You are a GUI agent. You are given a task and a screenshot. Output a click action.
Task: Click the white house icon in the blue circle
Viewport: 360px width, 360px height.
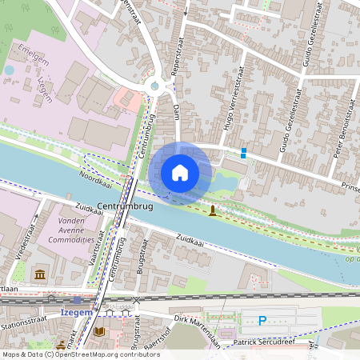coord(180,172)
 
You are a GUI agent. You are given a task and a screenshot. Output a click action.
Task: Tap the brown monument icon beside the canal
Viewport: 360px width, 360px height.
coord(212,210)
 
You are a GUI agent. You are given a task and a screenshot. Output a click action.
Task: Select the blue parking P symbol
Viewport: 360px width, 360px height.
coord(262,322)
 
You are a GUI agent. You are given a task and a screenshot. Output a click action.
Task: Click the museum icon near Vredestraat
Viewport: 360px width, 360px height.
coord(39,276)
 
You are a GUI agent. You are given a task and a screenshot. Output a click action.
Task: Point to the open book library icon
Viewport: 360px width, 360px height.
coord(100,330)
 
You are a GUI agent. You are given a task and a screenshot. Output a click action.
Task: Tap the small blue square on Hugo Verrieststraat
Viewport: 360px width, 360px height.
coord(243,153)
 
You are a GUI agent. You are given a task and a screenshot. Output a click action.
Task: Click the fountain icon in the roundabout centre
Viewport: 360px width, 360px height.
coord(154,86)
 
